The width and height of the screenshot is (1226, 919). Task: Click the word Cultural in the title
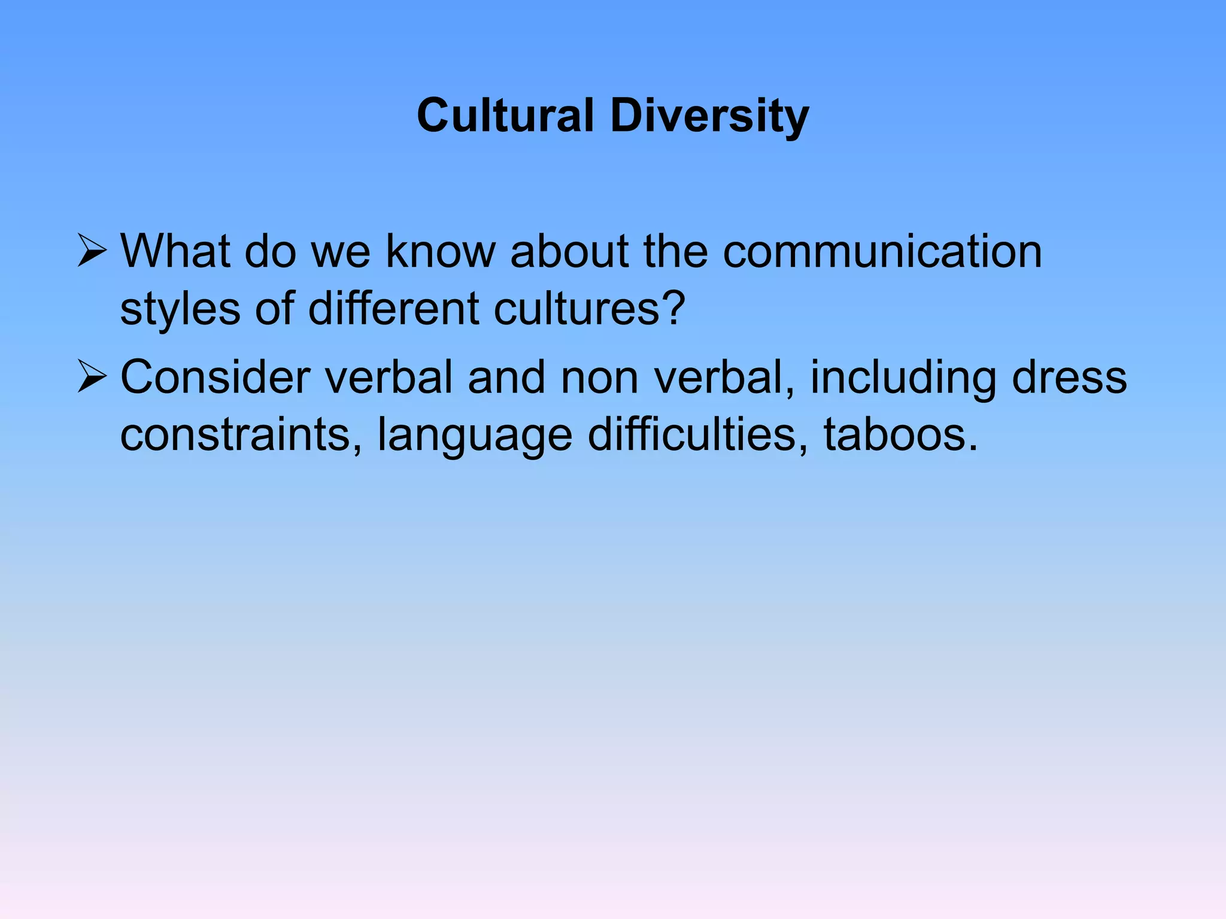pos(505,115)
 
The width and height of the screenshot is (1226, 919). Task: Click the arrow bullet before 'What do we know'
pos(92,251)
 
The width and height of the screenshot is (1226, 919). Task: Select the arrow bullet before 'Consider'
pos(92,378)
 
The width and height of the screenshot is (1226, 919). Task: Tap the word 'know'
pos(441,251)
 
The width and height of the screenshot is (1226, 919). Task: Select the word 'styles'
pos(180,310)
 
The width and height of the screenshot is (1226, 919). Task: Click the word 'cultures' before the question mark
pos(575,309)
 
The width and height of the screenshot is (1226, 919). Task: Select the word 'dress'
pos(1069,378)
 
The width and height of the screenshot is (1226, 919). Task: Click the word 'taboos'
pos(894,435)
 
